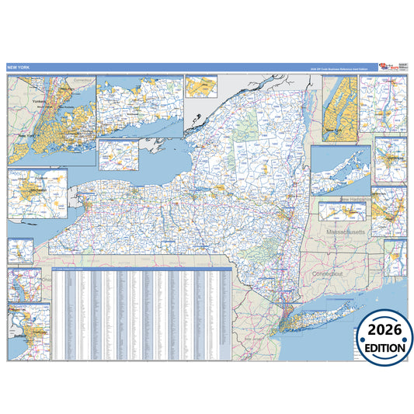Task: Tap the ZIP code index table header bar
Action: click(x=140, y=269)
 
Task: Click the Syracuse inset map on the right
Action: click(x=389, y=158)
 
